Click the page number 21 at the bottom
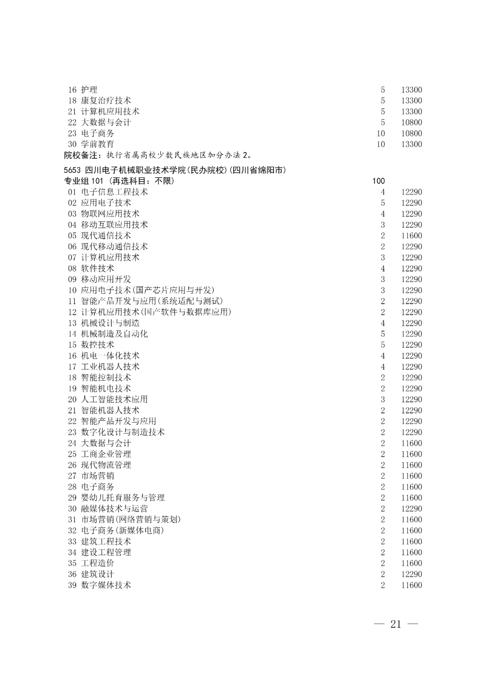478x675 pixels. point(396,624)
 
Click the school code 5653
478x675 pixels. point(72,170)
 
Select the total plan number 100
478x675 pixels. point(378,181)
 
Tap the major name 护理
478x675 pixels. point(89,90)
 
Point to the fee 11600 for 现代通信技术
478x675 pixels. point(412,236)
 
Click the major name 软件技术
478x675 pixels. point(97,268)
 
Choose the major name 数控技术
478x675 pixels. point(97,345)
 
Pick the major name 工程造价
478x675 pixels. point(97,563)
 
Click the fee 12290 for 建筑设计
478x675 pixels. point(412,574)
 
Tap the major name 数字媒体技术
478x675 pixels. point(106,585)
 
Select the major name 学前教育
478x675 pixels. point(97,144)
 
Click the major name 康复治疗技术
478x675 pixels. point(106,101)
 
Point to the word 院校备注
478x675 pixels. point(81,155)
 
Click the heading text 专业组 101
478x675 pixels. point(84,181)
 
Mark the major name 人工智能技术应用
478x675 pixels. point(114,400)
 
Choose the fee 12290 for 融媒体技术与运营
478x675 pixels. point(412,509)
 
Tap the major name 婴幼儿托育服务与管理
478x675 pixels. point(123,498)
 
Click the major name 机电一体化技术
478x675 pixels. point(110,356)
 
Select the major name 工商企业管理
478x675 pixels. point(106,454)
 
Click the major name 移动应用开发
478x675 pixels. point(106,279)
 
